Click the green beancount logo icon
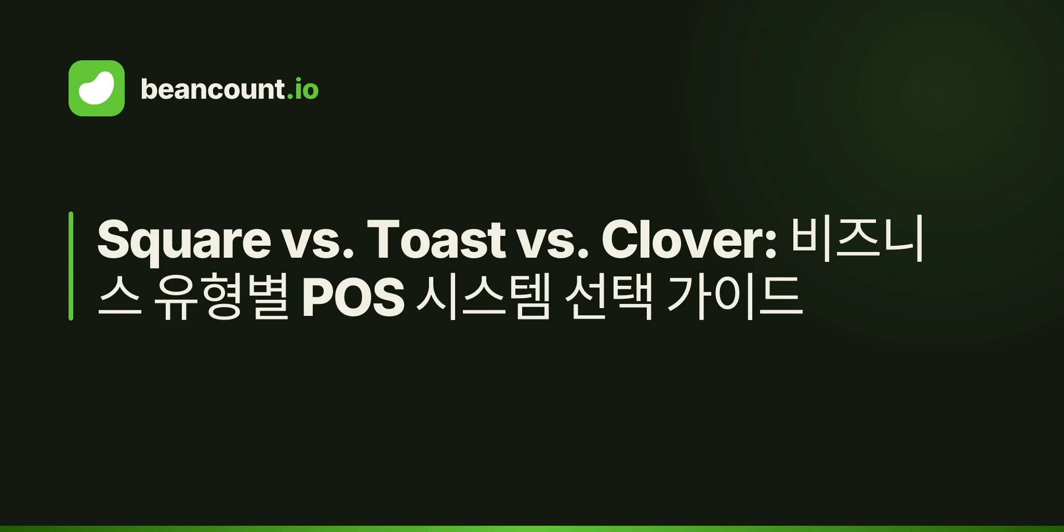[97, 88]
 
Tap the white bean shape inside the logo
[97, 88]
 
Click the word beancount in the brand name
[212, 89]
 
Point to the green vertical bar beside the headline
[71, 266]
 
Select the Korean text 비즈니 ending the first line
[857, 239]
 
